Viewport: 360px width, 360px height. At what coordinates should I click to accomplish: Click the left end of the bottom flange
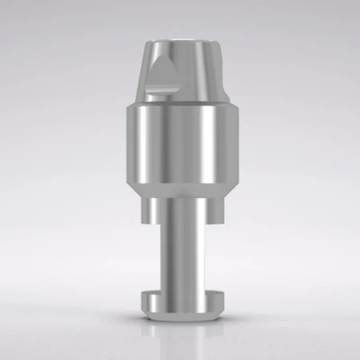[144, 302]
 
